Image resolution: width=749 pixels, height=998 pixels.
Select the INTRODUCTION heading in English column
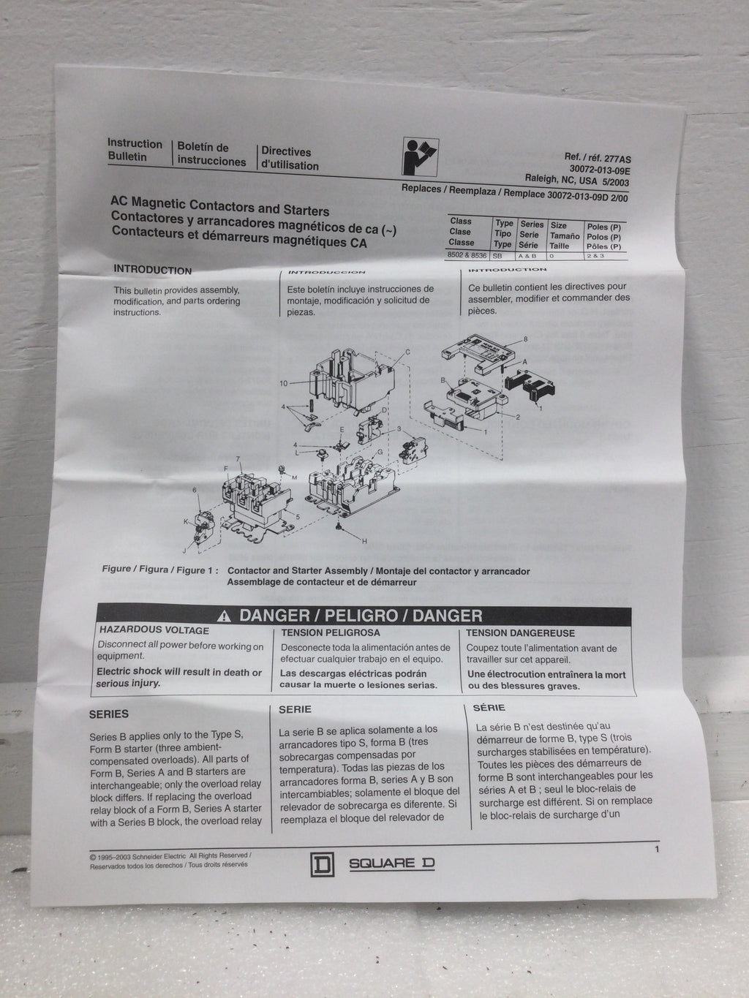152,270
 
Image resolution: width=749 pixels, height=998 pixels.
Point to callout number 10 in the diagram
284,383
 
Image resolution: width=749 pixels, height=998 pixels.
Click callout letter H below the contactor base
364,540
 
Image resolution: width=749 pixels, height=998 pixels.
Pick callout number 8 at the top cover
524,339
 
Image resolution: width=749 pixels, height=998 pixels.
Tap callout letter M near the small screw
293,477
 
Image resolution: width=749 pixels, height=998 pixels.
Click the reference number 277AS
612,157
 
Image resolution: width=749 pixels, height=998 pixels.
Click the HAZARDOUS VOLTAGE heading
154,630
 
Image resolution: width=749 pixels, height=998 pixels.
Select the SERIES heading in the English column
108,714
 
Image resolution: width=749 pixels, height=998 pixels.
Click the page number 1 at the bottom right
658,850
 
